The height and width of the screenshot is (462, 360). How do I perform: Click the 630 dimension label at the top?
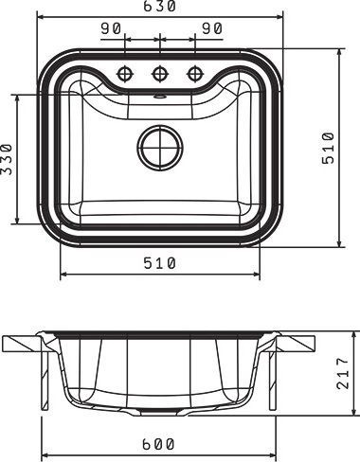[159, 6]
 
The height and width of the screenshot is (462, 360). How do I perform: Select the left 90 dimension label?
[111, 28]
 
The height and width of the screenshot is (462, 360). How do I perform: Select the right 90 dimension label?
[212, 28]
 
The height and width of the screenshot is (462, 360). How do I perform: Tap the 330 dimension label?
[7, 159]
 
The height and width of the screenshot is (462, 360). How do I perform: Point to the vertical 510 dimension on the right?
[328, 148]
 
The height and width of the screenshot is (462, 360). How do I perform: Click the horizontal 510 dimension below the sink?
[159, 263]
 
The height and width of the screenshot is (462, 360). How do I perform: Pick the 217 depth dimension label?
[343, 373]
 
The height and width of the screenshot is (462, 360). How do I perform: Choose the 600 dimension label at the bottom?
[158, 444]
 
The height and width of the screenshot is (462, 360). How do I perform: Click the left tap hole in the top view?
[125, 74]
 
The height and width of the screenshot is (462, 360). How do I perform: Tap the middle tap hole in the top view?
[160, 74]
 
